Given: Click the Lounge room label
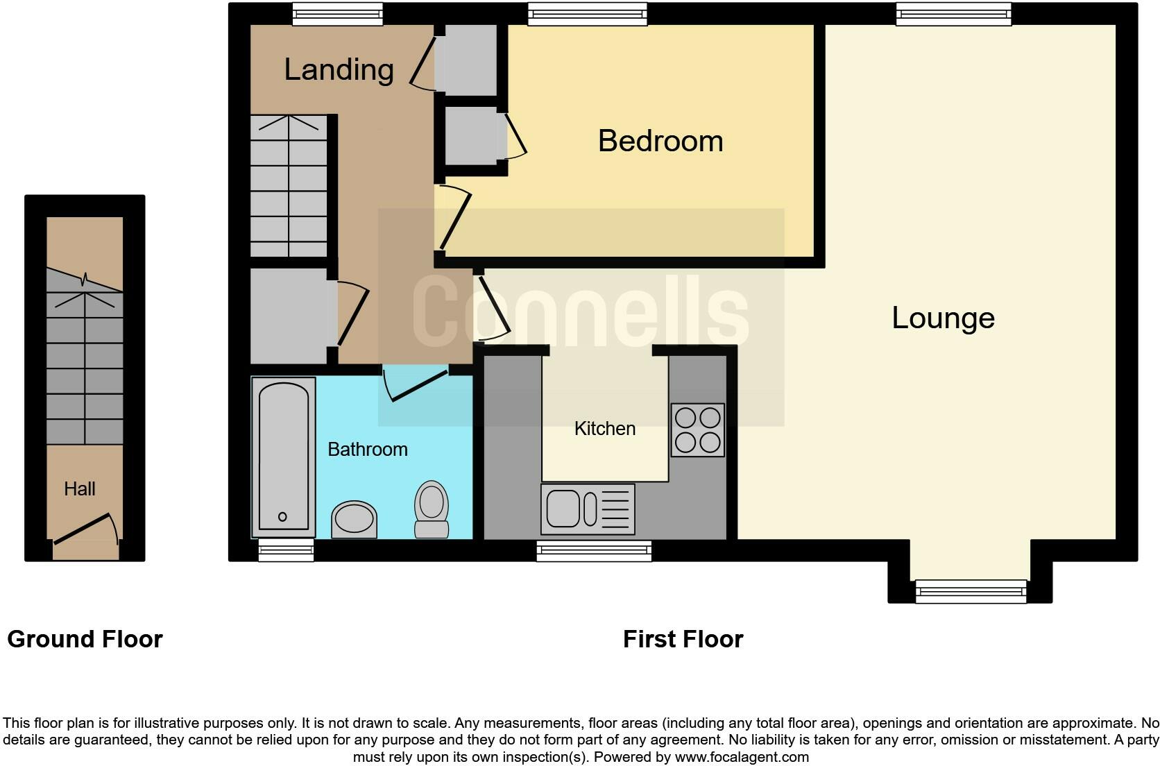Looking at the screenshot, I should tap(943, 318).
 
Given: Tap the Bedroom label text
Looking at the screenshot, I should tap(660, 141).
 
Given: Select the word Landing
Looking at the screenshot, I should tap(339, 69).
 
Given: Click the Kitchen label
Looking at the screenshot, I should tap(604, 429).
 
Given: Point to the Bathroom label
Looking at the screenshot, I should tap(367, 450).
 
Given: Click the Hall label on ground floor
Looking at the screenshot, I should tap(79, 489).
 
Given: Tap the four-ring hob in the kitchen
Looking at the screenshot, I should tap(697, 430).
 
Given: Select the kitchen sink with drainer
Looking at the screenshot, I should tap(587, 509).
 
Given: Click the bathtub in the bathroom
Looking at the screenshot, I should tap(283, 457).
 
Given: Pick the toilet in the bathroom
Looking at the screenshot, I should tap(432, 510).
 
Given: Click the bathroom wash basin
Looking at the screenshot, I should tap(354, 520).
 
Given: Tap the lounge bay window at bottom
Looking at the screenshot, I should tap(970, 591).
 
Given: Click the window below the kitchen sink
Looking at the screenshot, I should tap(594, 552).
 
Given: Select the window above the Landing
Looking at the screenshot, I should tap(337, 14).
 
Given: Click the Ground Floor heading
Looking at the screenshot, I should tap(85, 639).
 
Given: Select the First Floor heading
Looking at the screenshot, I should tap(683, 639).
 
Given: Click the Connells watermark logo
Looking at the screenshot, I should tap(580, 312).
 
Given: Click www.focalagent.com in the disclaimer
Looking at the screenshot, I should tap(741, 757).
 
